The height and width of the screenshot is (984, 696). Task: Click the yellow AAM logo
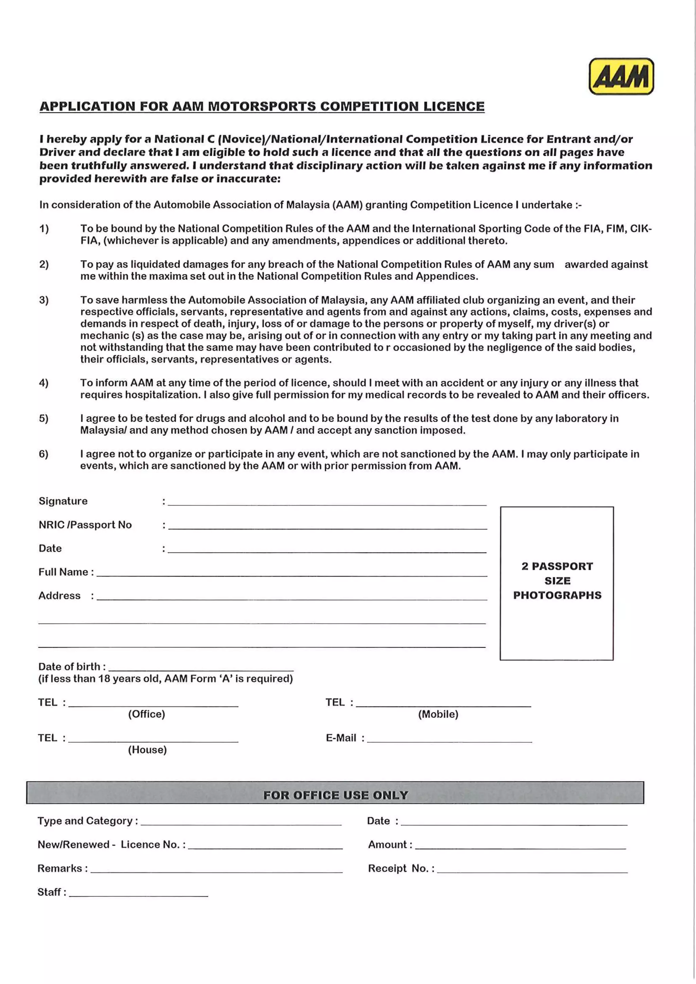click(x=621, y=76)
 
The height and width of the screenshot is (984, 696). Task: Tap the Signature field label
click(x=63, y=501)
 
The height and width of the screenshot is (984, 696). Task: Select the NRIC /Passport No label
click(x=85, y=525)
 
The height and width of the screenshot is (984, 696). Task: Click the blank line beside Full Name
click(x=292, y=573)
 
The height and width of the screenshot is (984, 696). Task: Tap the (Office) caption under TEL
click(x=146, y=714)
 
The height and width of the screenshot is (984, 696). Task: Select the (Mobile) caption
click(x=438, y=714)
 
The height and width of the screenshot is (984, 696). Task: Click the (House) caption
click(x=147, y=750)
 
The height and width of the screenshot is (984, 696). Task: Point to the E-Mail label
click(x=341, y=738)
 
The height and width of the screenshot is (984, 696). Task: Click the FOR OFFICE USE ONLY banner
click(x=335, y=795)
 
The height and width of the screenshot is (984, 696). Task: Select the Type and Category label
click(x=87, y=821)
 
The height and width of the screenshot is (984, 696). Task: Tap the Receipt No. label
click(x=400, y=868)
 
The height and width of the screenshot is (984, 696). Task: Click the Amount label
click(x=389, y=844)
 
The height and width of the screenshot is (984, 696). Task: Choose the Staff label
click(x=51, y=892)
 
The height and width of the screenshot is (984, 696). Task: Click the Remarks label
click(x=62, y=868)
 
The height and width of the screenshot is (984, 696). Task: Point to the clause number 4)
click(x=44, y=383)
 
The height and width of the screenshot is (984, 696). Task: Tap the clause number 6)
click(x=44, y=454)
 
